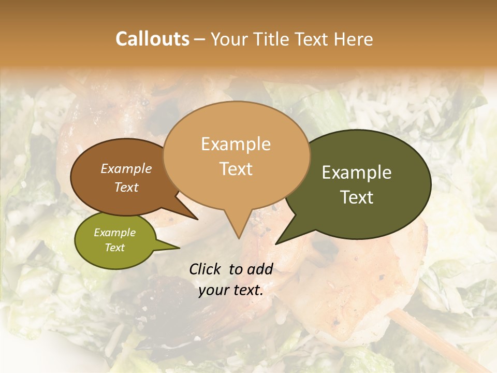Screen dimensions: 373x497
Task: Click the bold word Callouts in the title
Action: click(x=152, y=39)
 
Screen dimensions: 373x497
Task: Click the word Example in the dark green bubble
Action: click(x=357, y=173)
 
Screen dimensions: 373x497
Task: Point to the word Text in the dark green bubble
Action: click(x=357, y=197)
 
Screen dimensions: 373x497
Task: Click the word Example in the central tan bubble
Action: click(x=236, y=144)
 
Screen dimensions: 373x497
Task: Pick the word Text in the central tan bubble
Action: click(x=236, y=168)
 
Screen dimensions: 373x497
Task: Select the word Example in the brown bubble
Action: click(x=126, y=168)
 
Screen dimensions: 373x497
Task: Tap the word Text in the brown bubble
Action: click(x=126, y=187)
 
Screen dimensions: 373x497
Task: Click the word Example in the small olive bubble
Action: click(x=114, y=233)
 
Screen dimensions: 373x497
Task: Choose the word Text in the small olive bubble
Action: click(x=114, y=248)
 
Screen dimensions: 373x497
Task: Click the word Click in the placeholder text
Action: click(x=206, y=269)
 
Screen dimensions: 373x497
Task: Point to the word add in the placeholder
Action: click(x=261, y=269)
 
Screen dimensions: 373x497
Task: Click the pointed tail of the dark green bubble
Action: click(x=280, y=241)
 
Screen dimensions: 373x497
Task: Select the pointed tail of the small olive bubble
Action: click(x=175, y=248)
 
